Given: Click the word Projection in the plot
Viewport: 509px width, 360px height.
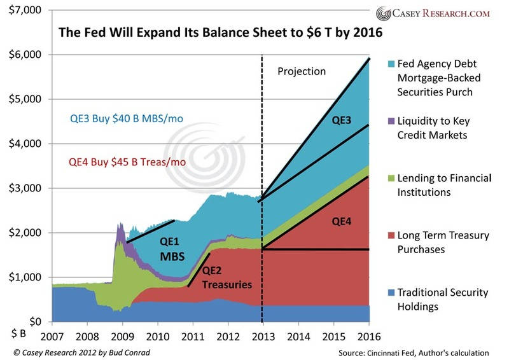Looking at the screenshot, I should pyautogui.click(x=301, y=71).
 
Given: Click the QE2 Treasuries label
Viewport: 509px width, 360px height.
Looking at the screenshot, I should pyautogui.click(x=218, y=278).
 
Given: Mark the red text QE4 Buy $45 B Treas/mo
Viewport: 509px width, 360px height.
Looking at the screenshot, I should pyautogui.click(x=127, y=162).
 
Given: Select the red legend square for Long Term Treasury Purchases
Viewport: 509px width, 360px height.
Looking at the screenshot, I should pyautogui.click(x=389, y=236).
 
